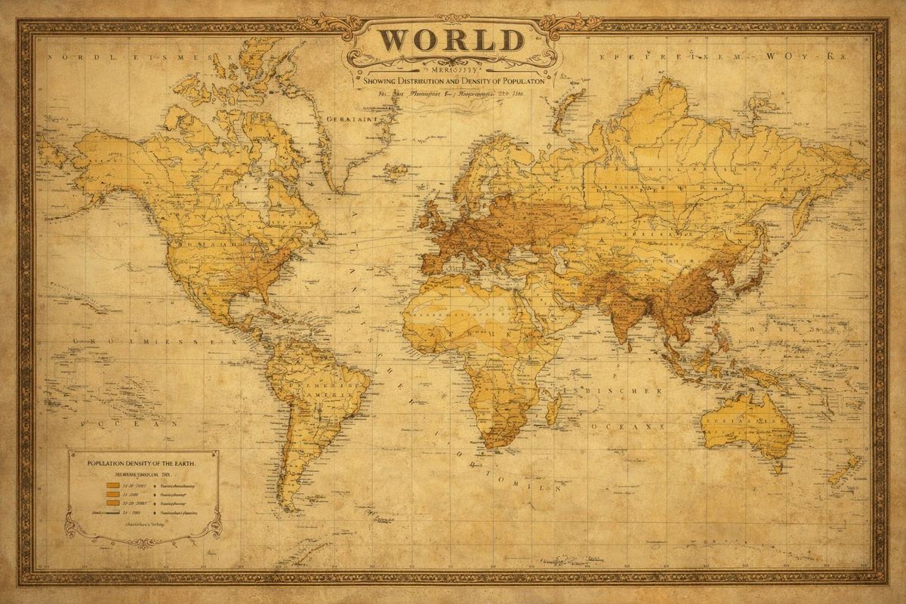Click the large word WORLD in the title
[x=451, y=39]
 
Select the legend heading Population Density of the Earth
[x=142, y=462]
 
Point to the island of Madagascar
[x=552, y=410]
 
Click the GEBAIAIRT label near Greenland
[x=344, y=118]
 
